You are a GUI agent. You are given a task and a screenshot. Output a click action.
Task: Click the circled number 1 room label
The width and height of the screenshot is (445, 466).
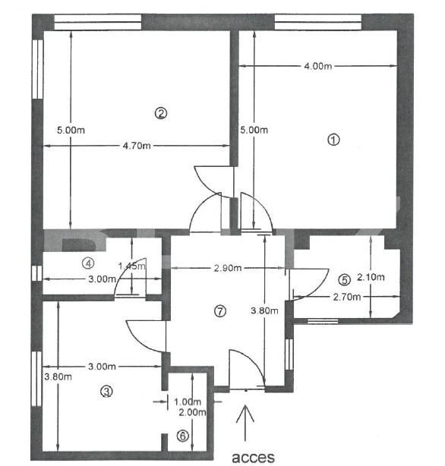pos(332,140)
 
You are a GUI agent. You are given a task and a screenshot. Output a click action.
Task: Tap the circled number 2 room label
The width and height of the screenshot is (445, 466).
pos(160,114)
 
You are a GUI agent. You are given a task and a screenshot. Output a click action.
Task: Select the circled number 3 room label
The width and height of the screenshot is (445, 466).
pos(106,392)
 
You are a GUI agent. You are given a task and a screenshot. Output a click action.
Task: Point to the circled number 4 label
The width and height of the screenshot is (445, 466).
pos(89,264)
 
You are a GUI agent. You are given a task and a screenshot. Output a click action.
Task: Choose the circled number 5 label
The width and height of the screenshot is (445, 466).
pos(344,279)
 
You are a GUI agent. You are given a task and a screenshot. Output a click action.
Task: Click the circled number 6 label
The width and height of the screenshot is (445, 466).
pos(181,436)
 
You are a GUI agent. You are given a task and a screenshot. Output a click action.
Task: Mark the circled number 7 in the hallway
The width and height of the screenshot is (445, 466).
pos(220,310)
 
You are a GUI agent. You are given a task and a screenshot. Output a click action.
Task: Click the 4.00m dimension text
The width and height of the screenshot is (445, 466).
pos(317,67)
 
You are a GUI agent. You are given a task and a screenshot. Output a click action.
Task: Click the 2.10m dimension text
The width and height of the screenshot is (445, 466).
pos(371,277)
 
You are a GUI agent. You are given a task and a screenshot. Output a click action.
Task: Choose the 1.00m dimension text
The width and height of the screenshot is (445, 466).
pos(187,402)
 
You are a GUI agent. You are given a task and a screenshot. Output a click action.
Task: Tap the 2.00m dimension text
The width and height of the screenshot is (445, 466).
pos(190,412)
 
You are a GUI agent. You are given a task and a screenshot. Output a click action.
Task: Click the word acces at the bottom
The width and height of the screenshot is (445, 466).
pos(252,457)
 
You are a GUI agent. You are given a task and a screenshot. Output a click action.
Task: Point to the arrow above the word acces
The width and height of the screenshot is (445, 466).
pos(245,423)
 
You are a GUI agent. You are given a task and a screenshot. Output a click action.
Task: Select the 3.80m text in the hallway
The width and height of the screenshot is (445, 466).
pos(263,310)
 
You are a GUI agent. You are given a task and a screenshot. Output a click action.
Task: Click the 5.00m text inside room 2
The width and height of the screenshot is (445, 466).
pos(71,130)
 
